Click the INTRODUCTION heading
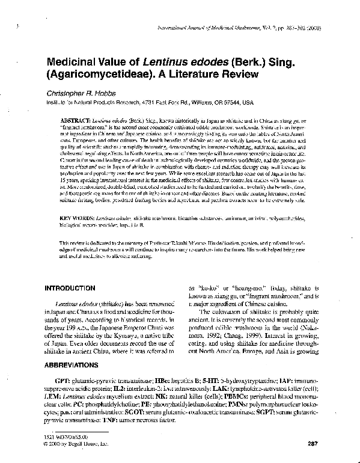70,288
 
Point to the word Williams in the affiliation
201,103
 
